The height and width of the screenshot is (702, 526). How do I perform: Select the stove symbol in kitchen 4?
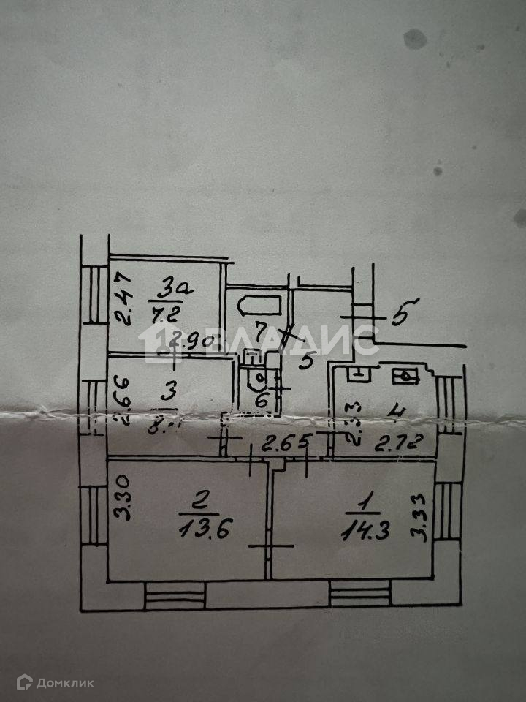(405, 377)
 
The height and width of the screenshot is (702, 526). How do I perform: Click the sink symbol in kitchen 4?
(358, 374)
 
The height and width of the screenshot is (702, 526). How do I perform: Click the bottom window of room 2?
(175, 594)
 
